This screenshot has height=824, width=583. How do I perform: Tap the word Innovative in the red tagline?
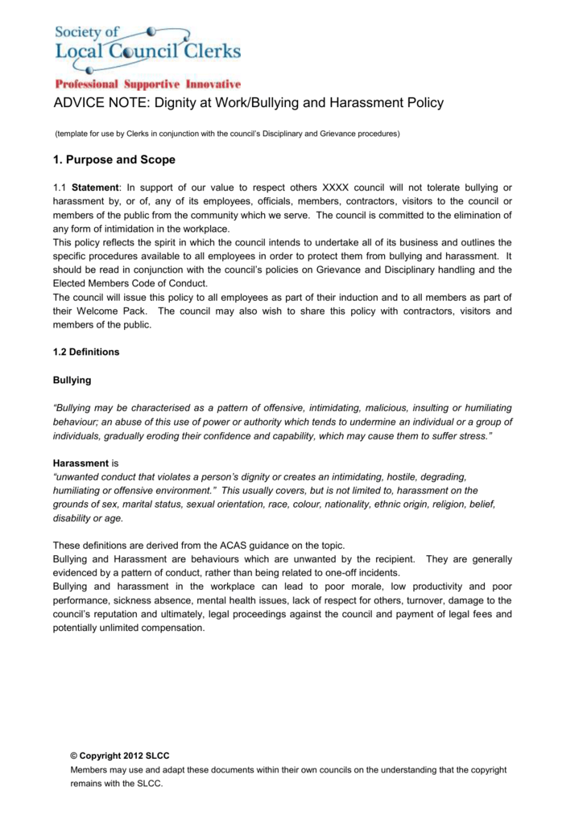pos(213,84)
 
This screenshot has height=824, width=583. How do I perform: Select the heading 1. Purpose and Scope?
pos(114,160)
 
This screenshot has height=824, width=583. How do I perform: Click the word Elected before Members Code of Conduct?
pos(72,283)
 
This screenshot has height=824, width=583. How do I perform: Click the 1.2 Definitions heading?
pos(85,352)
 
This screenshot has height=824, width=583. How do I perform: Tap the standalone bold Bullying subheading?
pos(72,380)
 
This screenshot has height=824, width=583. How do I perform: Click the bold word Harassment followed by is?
pos(81,463)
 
